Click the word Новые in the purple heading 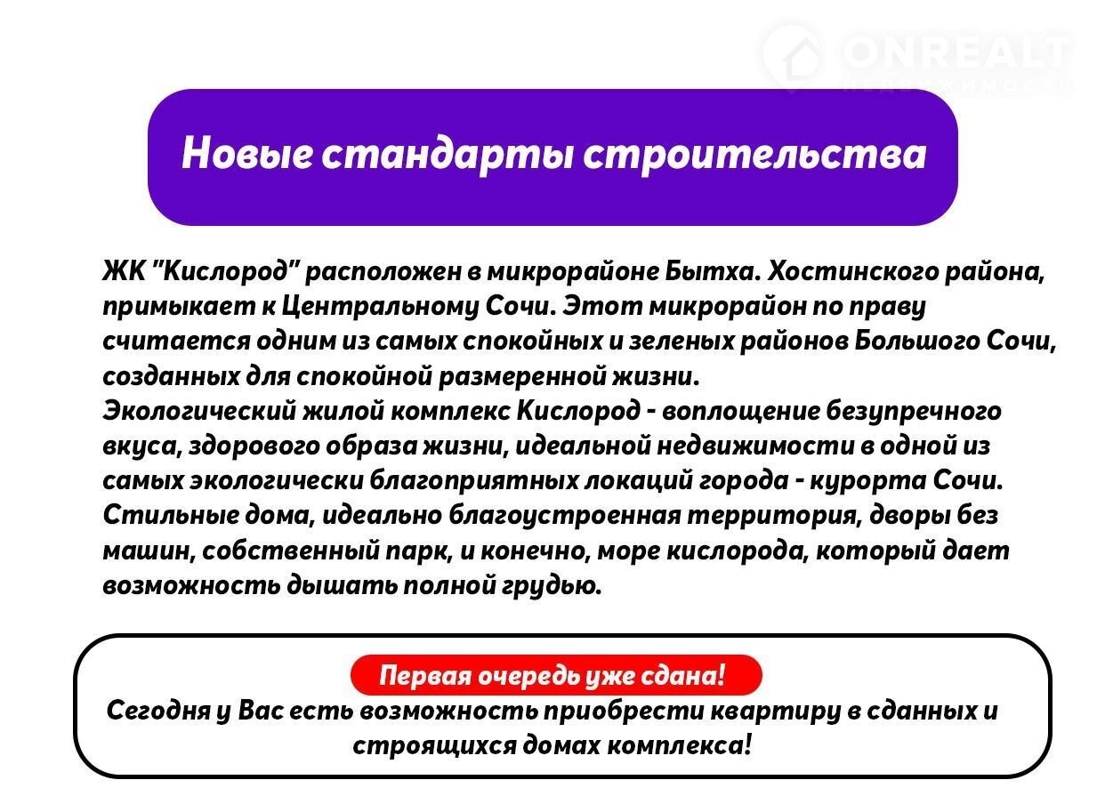click(246, 153)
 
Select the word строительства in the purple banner click(754, 156)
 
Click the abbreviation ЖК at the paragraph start click(124, 270)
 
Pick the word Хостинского click(853, 270)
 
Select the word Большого click(916, 342)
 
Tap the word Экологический click(200, 411)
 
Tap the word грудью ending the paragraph click(552, 586)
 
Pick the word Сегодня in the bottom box click(158, 712)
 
